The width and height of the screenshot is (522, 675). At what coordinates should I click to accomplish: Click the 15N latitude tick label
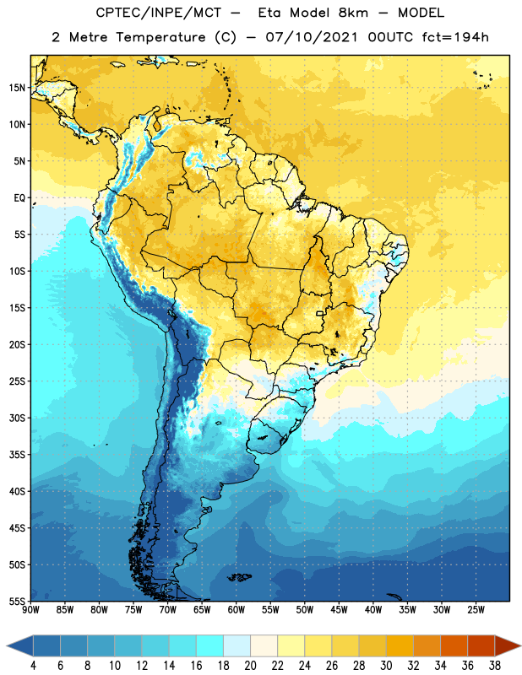point(17,88)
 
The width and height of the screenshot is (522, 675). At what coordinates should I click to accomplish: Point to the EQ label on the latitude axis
point(19,198)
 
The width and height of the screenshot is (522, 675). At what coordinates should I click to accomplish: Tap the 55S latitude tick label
point(17,601)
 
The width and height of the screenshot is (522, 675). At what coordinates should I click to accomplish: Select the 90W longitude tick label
point(30,610)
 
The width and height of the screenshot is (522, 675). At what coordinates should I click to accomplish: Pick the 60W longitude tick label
point(237,610)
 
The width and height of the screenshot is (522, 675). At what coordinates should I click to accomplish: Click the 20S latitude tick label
point(17,345)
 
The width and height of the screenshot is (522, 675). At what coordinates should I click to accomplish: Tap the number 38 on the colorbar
point(494,666)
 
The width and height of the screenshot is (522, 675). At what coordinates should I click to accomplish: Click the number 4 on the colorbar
point(33,666)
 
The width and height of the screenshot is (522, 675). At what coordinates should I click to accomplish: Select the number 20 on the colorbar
point(250,666)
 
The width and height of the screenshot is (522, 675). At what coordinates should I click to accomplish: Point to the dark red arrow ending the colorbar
point(508,645)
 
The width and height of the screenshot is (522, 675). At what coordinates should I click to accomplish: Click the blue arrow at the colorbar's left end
point(19,645)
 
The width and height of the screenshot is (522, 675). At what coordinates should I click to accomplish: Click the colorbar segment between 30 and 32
point(400,645)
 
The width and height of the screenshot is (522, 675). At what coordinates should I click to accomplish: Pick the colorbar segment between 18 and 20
point(237,645)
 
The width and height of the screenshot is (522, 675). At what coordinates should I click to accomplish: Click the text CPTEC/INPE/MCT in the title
point(159,13)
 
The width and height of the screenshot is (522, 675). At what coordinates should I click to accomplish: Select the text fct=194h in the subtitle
point(455,37)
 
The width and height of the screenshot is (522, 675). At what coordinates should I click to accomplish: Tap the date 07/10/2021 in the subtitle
point(312,37)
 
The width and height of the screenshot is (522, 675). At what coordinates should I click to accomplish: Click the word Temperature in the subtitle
point(160,37)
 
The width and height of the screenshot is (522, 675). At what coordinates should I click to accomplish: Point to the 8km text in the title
point(353,13)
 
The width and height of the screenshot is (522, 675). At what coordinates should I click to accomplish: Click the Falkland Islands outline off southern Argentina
point(239,577)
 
